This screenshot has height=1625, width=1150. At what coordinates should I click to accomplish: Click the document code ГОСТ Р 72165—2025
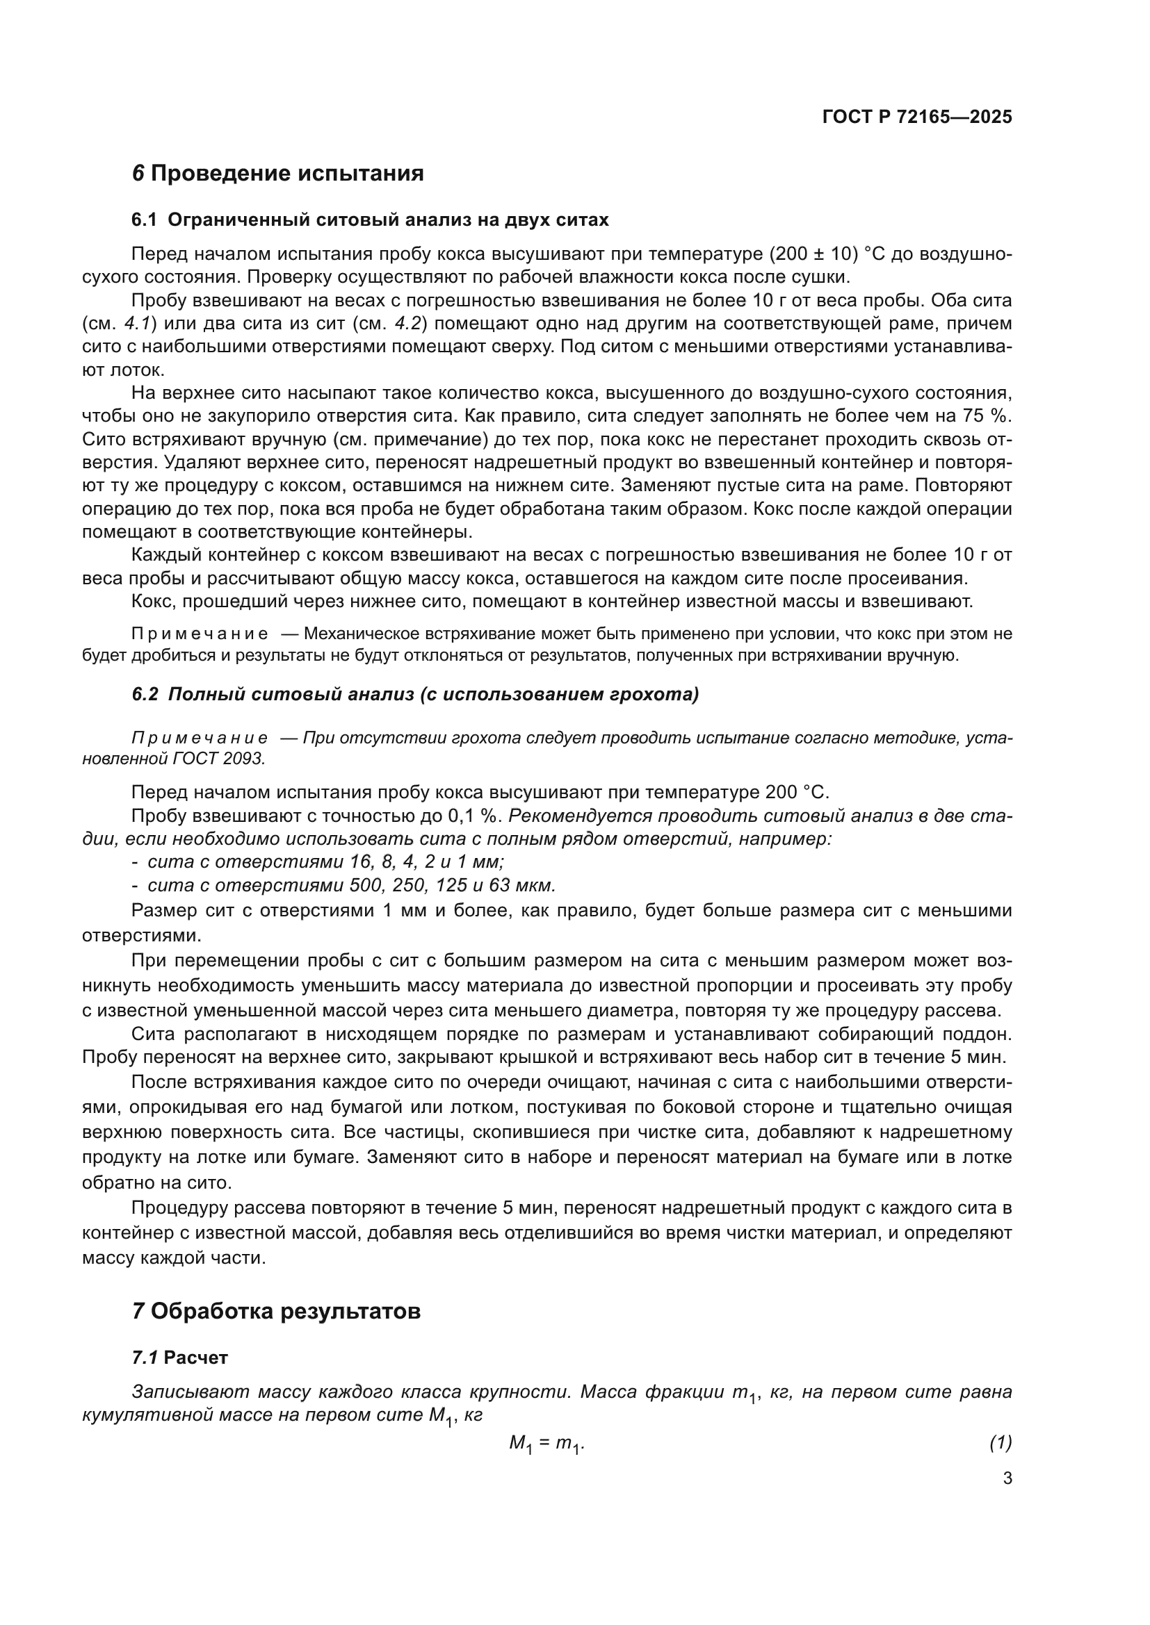916,117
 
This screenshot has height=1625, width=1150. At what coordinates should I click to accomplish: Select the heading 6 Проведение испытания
277,174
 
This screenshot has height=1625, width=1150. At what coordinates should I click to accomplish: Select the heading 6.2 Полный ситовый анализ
415,694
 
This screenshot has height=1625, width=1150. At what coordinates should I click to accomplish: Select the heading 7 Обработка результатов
276,1312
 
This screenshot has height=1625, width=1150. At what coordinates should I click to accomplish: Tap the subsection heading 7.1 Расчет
180,1358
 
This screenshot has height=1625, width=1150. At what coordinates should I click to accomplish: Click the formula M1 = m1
546,1444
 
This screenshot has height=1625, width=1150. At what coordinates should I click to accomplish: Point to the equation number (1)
1000,1442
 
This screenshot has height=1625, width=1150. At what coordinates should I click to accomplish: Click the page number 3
1007,1478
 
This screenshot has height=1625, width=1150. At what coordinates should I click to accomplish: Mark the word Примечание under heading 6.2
200,739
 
